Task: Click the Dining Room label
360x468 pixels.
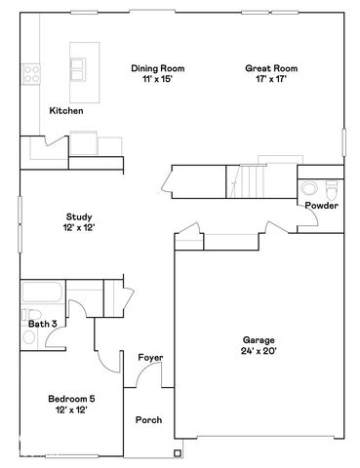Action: (157, 68)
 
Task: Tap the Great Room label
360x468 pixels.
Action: (270, 68)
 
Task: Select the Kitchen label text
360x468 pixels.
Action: (66, 111)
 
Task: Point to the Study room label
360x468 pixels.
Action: (79, 216)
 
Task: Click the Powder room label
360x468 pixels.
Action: (321, 206)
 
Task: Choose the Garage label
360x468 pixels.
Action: (259, 339)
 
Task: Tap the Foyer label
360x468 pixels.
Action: (149, 358)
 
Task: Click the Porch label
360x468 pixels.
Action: (149, 420)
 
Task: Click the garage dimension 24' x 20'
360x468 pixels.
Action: (259, 351)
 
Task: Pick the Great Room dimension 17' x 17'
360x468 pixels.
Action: (270, 80)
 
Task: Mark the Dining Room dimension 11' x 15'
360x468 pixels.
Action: (157, 80)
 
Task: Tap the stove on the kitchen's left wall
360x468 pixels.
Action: (29, 72)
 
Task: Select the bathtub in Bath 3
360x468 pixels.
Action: (42, 292)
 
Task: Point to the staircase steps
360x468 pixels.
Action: (255, 180)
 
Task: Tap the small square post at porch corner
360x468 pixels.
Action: (177, 450)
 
